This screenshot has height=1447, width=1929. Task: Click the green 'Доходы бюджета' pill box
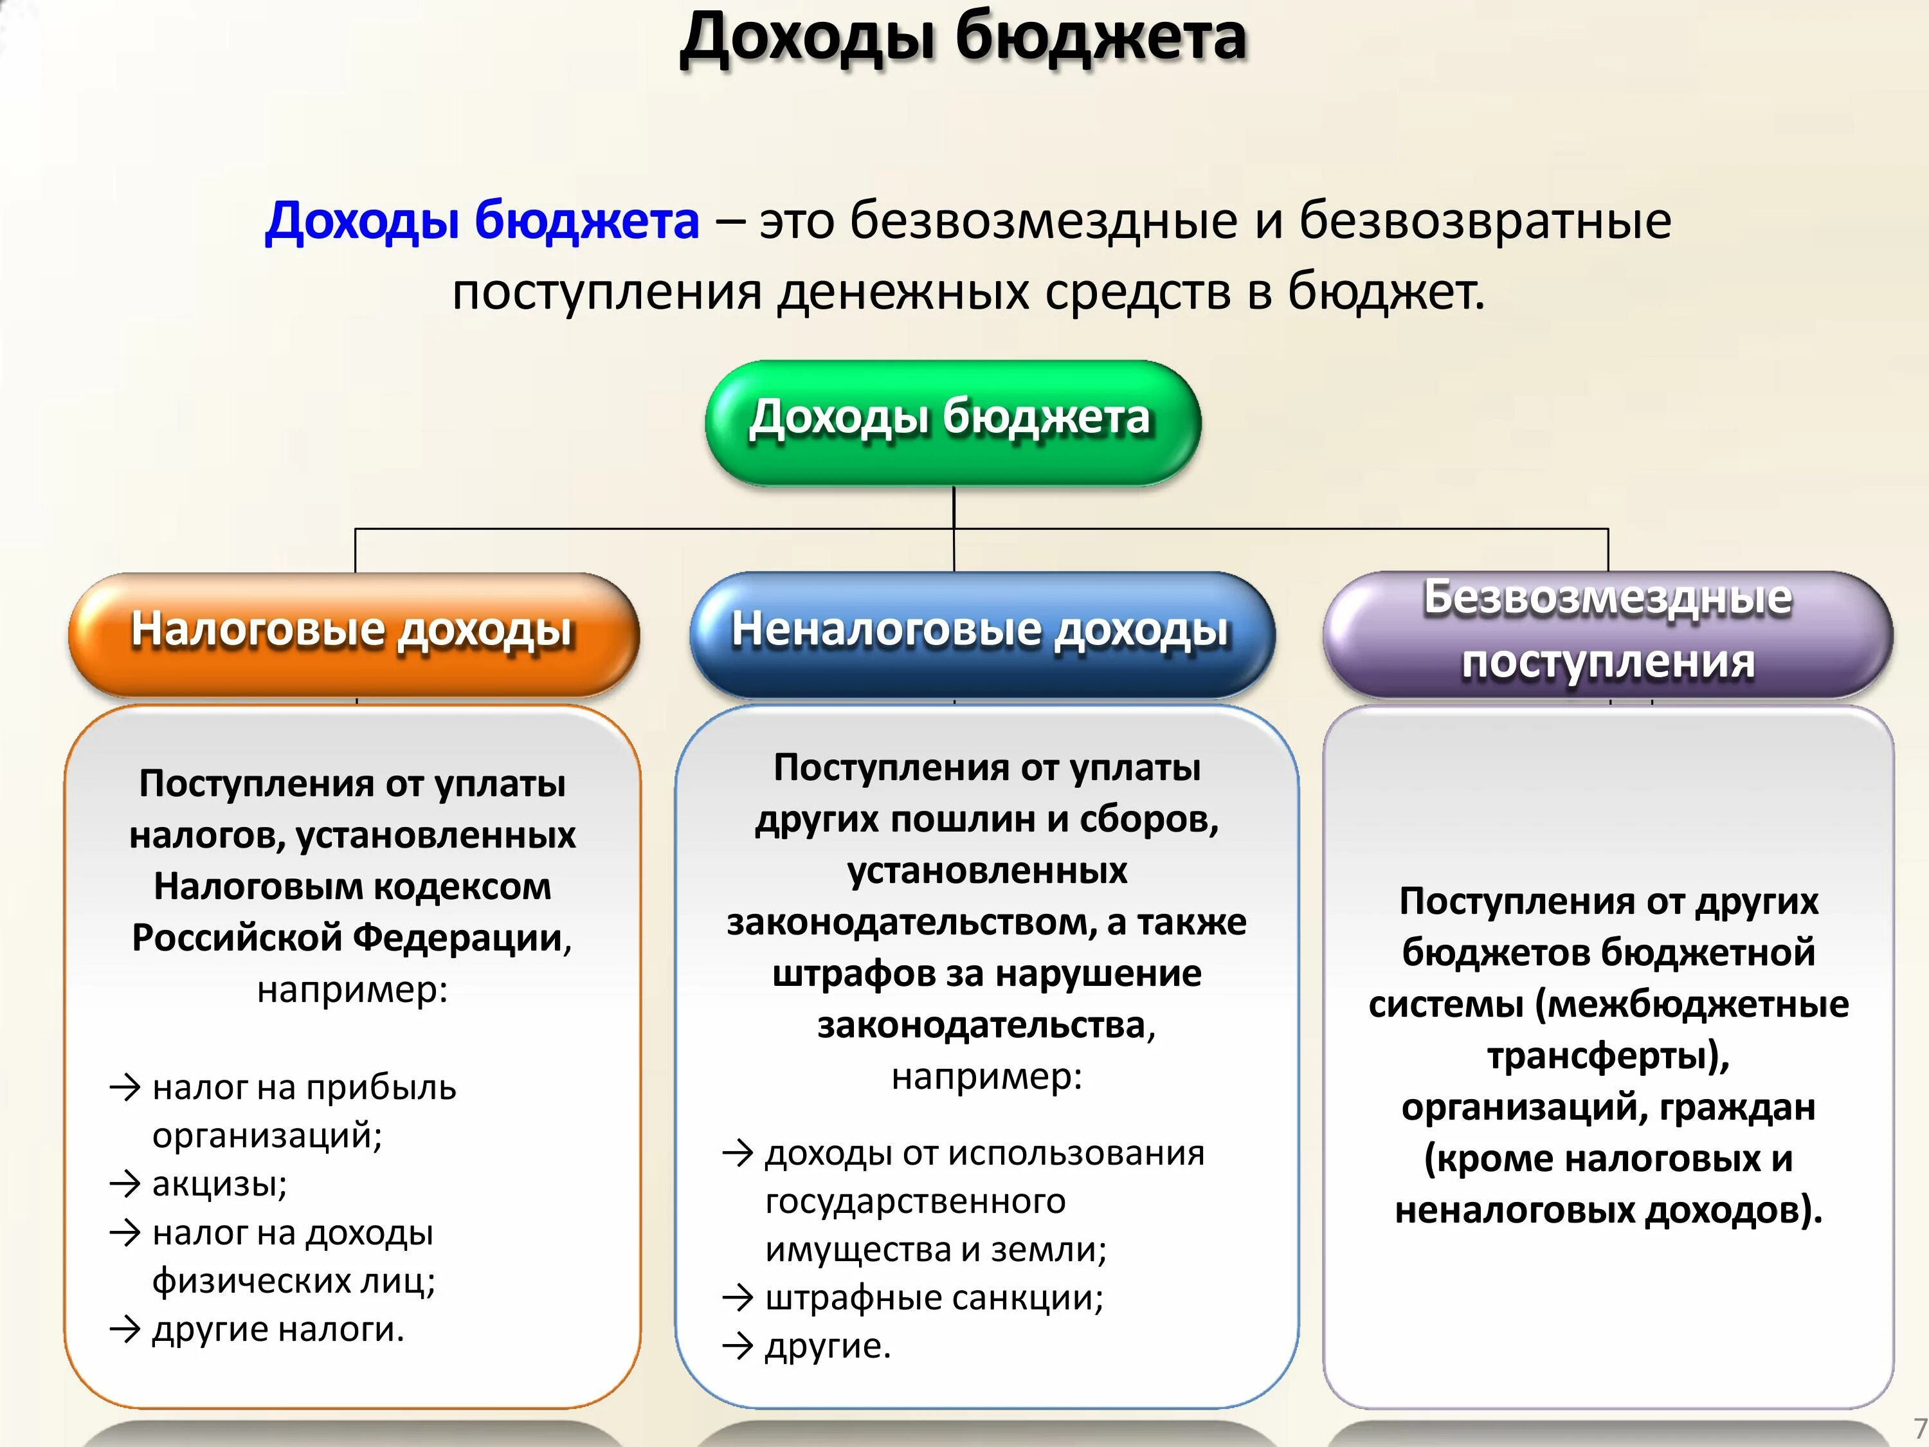point(952,422)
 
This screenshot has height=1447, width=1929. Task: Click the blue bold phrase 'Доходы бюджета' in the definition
point(482,220)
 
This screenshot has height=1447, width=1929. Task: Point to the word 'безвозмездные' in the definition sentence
point(1043,220)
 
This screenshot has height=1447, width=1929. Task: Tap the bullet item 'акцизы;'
point(219,1183)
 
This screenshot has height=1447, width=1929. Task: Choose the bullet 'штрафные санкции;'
point(933,1298)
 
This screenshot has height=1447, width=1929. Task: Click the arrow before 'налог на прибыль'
point(125,1088)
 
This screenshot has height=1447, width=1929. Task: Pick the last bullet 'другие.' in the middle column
point(828,1346)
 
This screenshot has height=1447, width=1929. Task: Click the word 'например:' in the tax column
point(352,989)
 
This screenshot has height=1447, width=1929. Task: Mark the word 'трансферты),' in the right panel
point(1608,1055)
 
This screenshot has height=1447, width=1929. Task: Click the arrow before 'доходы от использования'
point(738,1154)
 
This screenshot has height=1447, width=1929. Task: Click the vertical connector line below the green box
point(954,507)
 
